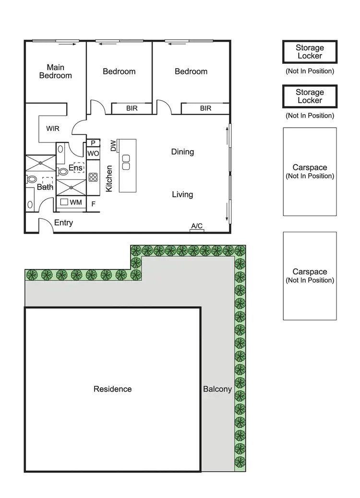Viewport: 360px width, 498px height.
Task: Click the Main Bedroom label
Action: [56, 71]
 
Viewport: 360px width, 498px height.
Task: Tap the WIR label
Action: [53, 129]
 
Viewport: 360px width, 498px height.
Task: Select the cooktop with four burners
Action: [93, 177]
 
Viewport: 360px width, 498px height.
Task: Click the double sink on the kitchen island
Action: [126, 162]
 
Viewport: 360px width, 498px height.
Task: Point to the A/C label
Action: [197, 225]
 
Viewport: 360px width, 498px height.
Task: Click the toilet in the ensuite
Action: [62, 170]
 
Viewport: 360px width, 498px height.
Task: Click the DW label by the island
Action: [113, 146]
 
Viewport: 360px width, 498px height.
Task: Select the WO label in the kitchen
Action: [93, 154]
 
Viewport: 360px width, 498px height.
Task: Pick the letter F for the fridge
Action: [93, 203]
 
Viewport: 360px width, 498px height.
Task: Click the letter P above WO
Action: [93, 142]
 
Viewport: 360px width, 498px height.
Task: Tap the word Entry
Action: [63, 223]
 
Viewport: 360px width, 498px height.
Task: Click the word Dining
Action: [182, 152]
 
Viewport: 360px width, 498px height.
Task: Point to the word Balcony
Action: [217, 389]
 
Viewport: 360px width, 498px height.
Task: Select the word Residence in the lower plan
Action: [112, 389]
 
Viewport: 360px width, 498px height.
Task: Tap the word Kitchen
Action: [109, 179]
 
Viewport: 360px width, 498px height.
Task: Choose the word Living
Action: [182, 194]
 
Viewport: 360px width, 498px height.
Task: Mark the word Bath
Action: [45, 187]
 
